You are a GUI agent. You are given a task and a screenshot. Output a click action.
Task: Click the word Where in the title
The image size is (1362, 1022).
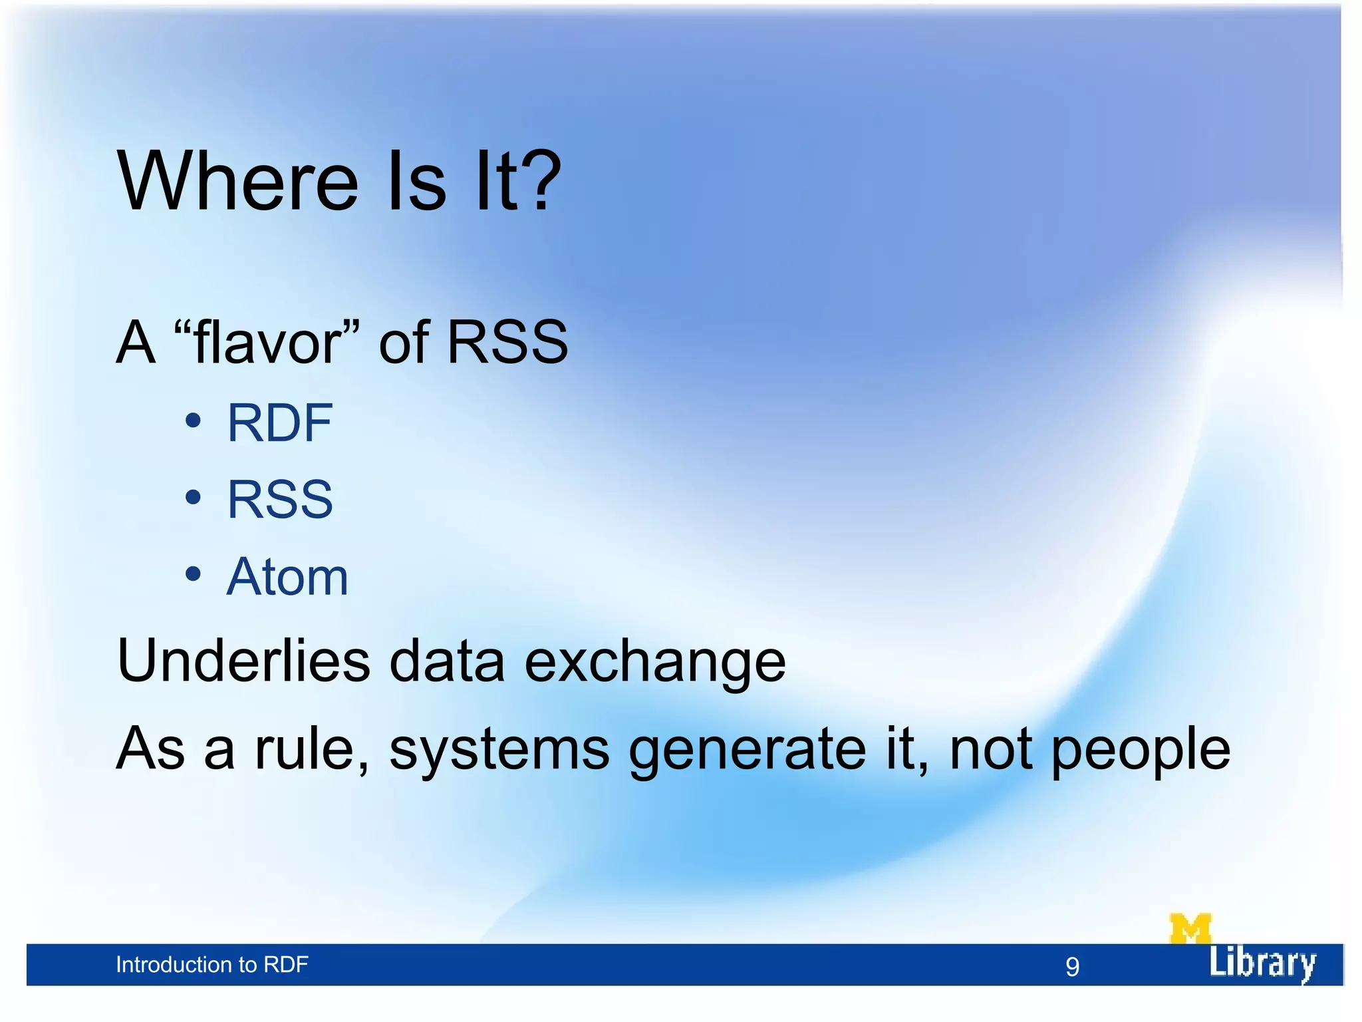tap(238, 182)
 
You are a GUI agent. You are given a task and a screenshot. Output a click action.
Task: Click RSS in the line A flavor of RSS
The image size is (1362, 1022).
tap(507, 342)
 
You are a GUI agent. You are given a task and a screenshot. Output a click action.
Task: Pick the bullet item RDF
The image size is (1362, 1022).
tap(279, 423)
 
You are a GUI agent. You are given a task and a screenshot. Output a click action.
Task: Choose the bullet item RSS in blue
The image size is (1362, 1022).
tap(279, 500)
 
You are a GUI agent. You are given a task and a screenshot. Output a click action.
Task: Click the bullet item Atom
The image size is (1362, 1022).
tap(287, 577)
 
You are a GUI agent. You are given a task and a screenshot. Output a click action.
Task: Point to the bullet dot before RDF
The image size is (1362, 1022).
tap(193, 421)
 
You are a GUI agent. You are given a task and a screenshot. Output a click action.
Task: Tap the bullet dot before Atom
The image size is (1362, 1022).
tap(193, 574)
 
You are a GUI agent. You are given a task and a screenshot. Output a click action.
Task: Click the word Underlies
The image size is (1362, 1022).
tap(243, 660)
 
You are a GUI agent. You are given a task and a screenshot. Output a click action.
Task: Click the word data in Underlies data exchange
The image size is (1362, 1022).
tap(447, 660)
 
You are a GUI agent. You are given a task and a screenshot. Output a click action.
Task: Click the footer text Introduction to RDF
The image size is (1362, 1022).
tap(211, 965)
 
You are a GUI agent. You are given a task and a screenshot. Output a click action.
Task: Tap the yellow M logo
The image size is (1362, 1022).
tap(1190, 929)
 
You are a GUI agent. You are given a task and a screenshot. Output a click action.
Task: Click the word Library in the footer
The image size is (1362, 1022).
tap(1262, 963)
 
